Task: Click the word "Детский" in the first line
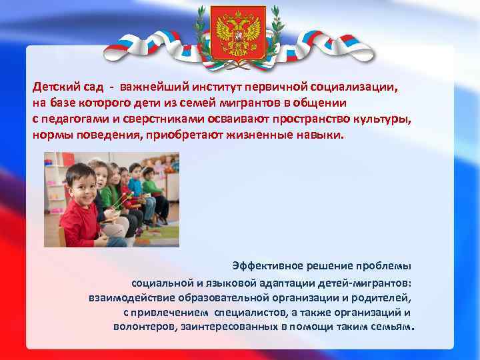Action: [x=56, y=87]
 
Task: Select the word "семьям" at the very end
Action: [x=392, y=327]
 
